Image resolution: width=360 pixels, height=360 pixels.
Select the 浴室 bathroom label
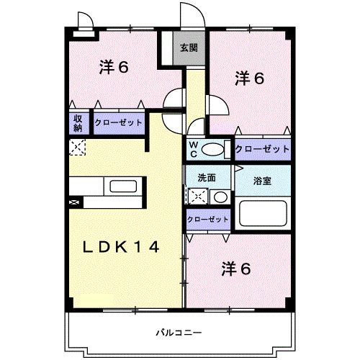click(x=261, y=180)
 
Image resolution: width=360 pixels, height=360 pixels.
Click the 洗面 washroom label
click(x=207, y=178)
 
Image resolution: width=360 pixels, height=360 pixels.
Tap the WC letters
click(x=194, y=149)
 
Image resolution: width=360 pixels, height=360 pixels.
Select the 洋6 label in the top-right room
click(x=249, y=78)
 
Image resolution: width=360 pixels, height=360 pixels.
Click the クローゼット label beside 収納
click(x=118, y=122)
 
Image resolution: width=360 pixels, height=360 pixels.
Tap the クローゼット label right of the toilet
click(x=262, y=149)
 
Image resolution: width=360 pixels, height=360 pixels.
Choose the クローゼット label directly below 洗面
click(x=207, y=219)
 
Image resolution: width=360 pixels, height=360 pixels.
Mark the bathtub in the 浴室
click(x=262, y=214)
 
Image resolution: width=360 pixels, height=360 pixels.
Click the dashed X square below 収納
click(x=76, y=147)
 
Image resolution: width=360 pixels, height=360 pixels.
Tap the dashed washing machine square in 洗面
click(x=197, y=196)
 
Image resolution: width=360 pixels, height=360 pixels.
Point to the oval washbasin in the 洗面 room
click(x=221, y=197)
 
